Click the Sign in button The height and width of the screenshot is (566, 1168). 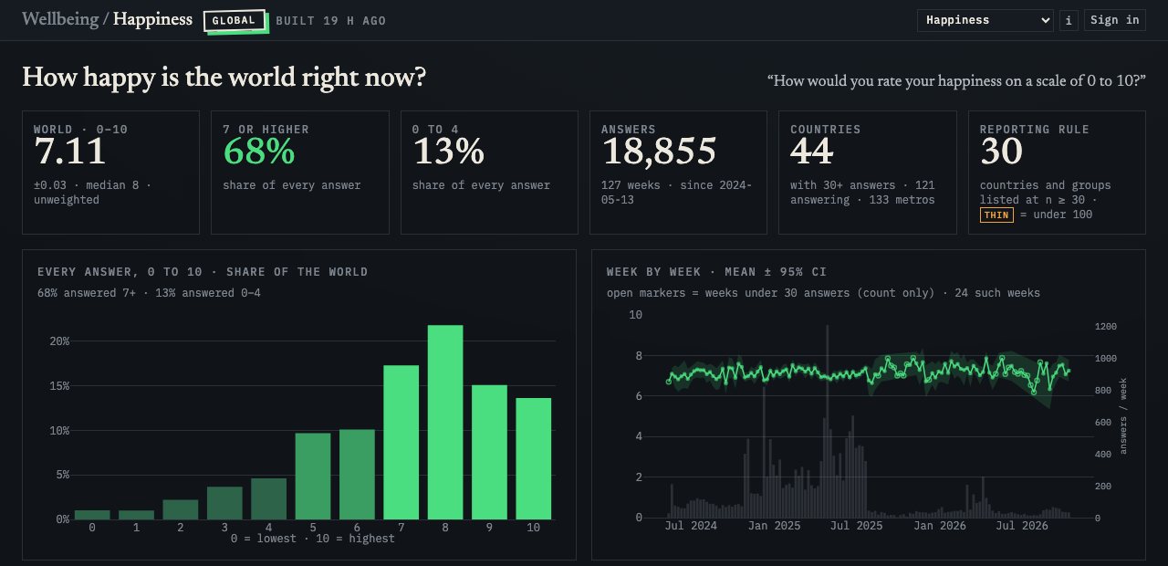coord(1114,20)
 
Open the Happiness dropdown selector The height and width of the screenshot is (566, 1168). coord(985,20)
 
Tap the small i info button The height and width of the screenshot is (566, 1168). coord(1069,20)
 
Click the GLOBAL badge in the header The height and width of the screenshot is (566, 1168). coord(235,21)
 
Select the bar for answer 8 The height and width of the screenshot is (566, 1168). coord(445,422)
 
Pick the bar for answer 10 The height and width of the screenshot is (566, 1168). coord(534,458)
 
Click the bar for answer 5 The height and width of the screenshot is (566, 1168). coord(313,476)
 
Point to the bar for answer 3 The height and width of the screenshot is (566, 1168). coord(224,503)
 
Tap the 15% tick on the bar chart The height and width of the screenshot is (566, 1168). coord(59,386)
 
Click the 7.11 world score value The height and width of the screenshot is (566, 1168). coord(70,152)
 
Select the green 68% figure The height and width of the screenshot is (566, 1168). coord(259,152)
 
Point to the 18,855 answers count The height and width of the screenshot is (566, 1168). coord(659,152)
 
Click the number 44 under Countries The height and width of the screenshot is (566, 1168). coord(812,152)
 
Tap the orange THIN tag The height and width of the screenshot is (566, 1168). coord(996,215)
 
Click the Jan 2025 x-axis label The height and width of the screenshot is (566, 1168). coord(775,526)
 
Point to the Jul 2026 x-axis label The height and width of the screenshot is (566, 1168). coord(1022,526)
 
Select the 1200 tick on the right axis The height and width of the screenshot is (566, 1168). coord(1105,327)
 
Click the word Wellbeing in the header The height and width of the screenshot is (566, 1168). coord(60,19)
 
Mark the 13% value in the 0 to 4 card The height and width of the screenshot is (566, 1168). coord(448,152)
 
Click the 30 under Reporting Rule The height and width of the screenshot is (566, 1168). coord(1002,152)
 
